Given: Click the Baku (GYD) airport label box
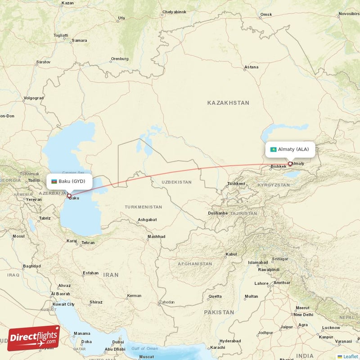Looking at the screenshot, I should coord(70,181).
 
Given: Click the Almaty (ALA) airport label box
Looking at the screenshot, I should coord(290,149).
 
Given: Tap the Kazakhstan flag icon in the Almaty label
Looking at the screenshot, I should coord(273,149).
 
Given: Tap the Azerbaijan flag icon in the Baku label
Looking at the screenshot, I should coord(54,181).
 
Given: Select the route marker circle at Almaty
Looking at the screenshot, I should coord(290,164).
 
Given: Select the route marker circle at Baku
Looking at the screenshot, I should coord(69,195).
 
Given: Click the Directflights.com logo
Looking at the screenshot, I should coord(34,338).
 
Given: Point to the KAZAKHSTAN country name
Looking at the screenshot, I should coord(228,103).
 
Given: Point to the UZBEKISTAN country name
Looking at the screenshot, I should coord(171,182).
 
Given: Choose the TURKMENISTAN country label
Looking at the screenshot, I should coord(143,207).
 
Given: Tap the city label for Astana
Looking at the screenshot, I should coord(251,67).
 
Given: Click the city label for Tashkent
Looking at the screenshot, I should coord(236,184).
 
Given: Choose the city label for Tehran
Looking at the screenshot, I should coord(88,243).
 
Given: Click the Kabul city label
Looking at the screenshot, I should coord(231,254).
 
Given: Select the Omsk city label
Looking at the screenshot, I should coord(266,15).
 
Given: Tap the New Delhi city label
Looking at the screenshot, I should coord(303,315).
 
